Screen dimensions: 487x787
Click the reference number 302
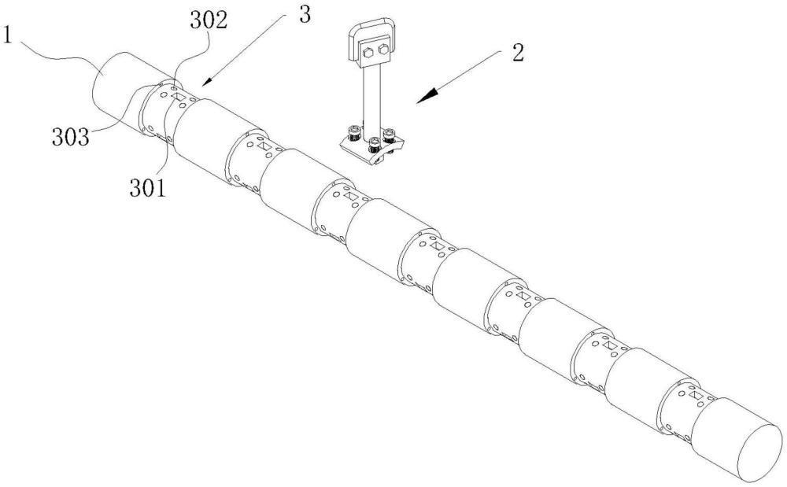coord(207,21)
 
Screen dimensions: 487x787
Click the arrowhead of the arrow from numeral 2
coord(421,98)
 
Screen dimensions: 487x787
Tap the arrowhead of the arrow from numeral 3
coord(204,81)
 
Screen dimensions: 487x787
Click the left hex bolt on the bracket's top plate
coord(366,53)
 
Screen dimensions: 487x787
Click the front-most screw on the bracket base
coord(375,145)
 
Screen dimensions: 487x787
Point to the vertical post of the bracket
coord(371,98)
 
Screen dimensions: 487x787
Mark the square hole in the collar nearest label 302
coord(179,97)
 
